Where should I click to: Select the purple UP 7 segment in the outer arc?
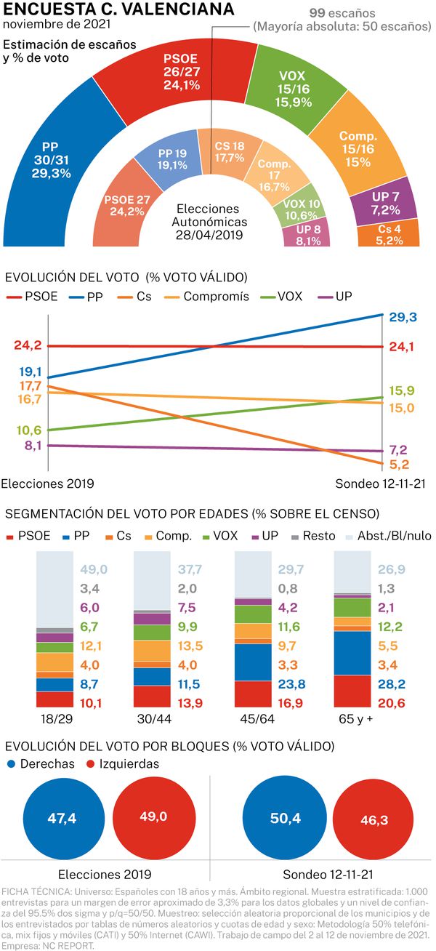point(385,204)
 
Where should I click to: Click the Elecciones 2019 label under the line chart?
point(48,483)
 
